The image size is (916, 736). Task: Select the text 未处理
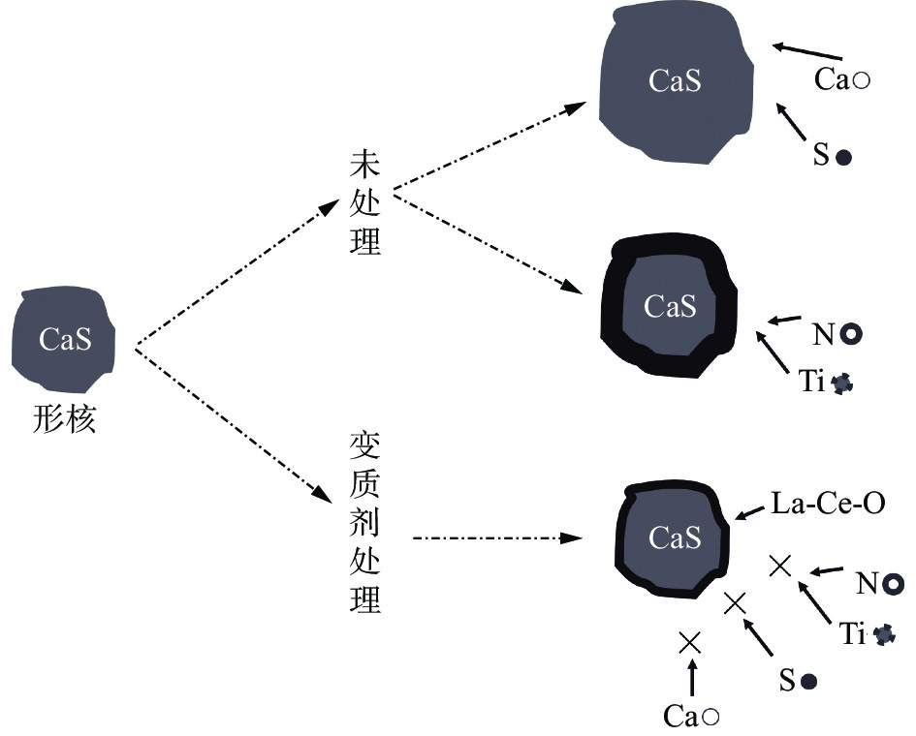[364, 202]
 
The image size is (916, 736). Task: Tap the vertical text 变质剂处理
[364, 523]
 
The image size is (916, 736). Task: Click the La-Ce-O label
[828, 504]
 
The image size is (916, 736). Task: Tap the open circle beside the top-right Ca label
[859, 81]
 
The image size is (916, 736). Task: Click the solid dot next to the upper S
[843, 157]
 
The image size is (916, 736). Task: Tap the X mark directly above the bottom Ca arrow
[690, 640]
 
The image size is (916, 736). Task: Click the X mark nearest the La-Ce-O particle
[779, 566]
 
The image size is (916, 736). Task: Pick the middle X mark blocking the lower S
[735, 602]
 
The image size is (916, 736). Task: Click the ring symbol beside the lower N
[894, 583]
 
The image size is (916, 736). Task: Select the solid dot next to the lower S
[808, 682]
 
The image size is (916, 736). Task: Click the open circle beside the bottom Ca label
[710, 717]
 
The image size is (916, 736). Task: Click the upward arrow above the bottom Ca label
[690, 678]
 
